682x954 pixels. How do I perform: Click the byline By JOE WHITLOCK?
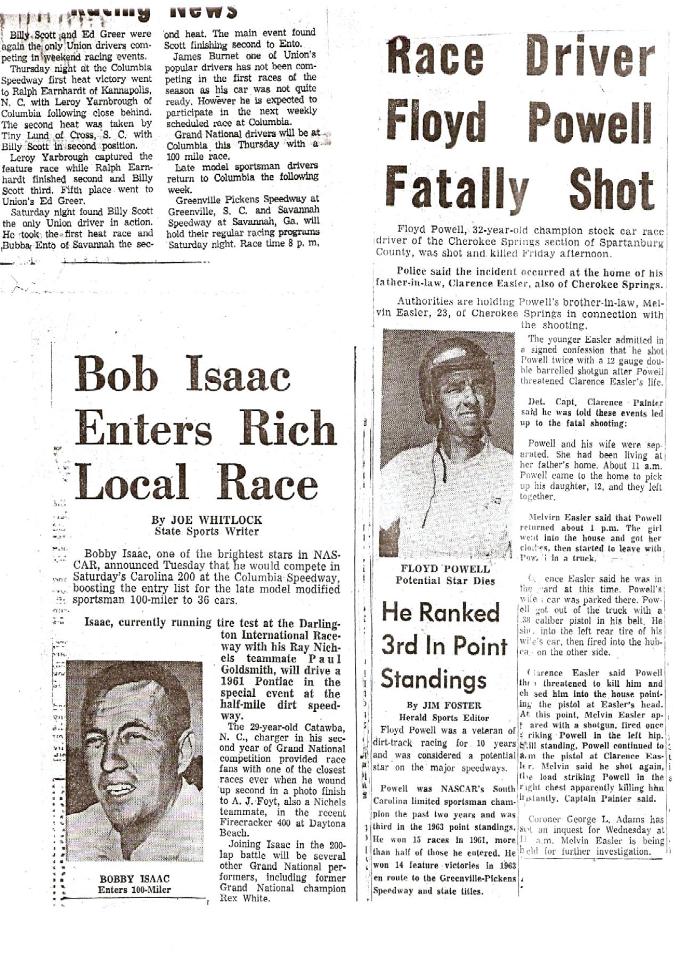coord(207,520)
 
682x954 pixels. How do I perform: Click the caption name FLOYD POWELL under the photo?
coord(445,569)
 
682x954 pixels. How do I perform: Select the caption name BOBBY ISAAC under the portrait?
coord(134,879)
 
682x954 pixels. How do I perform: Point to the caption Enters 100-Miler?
coord(134,890)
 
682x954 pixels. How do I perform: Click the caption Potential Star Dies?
coord(445,581)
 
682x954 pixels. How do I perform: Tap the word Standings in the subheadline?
coord(433,679)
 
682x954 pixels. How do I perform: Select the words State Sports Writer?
coord(207,531)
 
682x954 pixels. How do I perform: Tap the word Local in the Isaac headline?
coord(132,483)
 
